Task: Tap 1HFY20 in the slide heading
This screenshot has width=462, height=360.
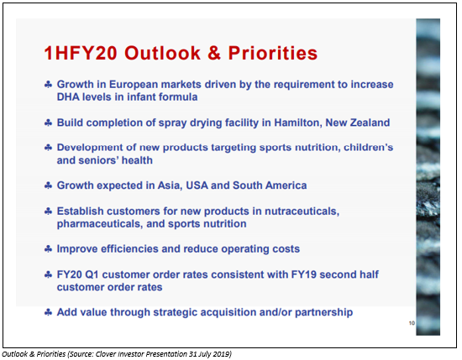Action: tap(81, 53)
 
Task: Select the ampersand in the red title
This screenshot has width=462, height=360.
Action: tap(214, 53)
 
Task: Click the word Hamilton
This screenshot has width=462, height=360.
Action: tap(298, 123)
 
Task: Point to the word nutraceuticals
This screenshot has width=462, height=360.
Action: tap(302, 211)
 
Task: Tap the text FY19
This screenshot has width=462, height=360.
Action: tap(304, 274)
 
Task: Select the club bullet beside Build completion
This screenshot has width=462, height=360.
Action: tap(48, 123)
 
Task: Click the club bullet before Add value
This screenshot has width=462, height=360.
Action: tap(48, 312)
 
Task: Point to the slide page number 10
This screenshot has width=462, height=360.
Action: tap(412, 323)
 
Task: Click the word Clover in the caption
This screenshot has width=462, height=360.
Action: tap(105, 354)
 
